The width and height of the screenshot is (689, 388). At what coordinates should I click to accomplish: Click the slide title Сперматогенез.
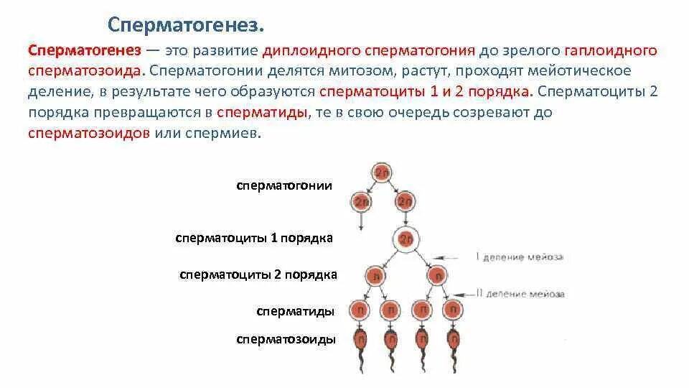[x=186, y=26]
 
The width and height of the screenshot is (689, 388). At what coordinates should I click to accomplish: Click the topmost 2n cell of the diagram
[x=381, y=172]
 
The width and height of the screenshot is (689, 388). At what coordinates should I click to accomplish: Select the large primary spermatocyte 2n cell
[x=406, y=239]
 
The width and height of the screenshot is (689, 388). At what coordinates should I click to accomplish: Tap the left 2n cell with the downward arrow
[x=360, y=200]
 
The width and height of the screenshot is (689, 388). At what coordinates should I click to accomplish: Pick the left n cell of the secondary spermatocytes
[x=374, y=275]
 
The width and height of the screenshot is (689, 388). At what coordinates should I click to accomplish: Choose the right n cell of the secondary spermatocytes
[x=436, y=275]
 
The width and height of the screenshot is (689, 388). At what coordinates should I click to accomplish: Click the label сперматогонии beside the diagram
[x=284, y=185]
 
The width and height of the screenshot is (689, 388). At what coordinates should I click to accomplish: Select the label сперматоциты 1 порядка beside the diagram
[x=254, y=238]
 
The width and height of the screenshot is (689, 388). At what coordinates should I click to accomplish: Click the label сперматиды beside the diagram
[x=295, y=312]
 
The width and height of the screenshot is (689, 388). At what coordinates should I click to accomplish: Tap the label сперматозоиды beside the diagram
[x=286, y=339]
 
